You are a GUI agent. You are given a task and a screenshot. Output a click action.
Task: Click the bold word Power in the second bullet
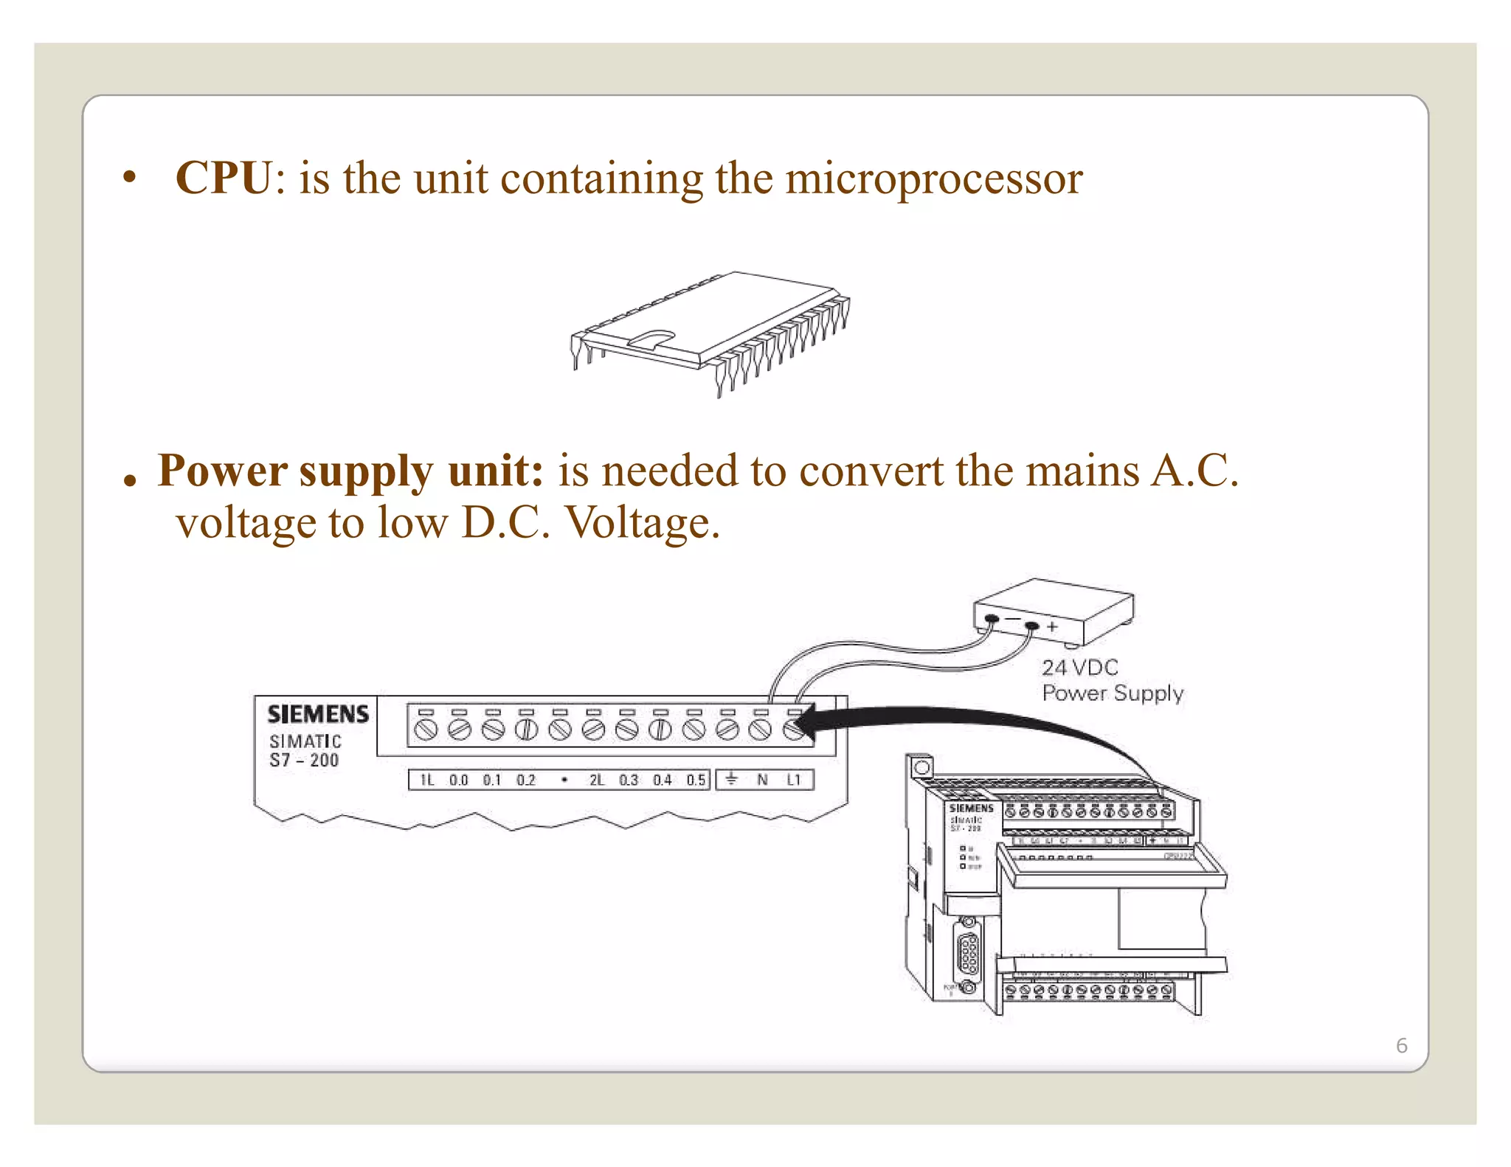[222, 471]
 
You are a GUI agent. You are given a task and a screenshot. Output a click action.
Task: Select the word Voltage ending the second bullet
[641, 523]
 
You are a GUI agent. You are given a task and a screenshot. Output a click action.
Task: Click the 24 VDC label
[1079, 668]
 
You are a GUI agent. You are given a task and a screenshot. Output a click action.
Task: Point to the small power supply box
[1054, 610]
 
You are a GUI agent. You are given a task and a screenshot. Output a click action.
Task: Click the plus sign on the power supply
[1052, 627]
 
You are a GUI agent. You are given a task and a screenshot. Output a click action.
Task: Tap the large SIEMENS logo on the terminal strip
[318, 714]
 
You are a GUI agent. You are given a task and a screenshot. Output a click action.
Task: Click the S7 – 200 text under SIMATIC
[303, 761]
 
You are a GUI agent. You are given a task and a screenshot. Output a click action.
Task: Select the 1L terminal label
[427, 780]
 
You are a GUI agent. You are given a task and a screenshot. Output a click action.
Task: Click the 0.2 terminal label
[526, 780]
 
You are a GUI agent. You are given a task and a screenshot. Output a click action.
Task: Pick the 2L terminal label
[596, 780]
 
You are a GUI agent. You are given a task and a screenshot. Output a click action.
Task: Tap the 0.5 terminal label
[696, 780]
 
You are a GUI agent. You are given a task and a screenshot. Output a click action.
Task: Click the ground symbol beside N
[731, 779]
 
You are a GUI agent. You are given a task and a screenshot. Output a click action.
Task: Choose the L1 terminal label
[794, 780]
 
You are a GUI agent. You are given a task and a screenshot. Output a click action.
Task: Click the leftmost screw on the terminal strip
[426, 730]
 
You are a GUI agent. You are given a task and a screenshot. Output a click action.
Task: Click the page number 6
[1401, 1045]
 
